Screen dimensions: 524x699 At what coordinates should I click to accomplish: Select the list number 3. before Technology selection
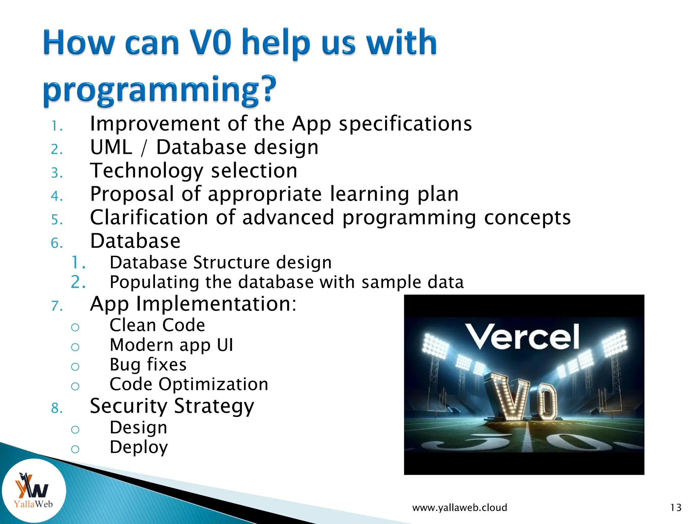[x=57, y=173]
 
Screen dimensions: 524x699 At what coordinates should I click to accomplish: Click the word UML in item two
[x=111, y=147]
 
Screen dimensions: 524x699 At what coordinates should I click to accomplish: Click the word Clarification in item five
[x=149, y=217]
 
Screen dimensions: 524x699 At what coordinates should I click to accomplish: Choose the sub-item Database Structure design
[x=220, y=262]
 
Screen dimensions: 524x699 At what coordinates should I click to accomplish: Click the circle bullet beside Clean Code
[x=75, y=327]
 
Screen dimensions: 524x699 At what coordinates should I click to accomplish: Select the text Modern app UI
[x=171, y=345]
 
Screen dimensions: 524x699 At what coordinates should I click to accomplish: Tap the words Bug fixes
[x=148, y=364]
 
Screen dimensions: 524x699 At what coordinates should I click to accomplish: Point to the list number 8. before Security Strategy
[x=57, y=408]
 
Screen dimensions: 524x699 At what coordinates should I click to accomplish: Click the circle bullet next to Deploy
[x=75, y=449]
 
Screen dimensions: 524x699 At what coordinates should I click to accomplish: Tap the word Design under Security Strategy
[x=138, y=427]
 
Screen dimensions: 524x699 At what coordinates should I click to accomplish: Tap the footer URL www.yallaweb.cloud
[x=459, y=508]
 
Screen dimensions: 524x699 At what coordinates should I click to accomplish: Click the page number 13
[x=675, y=508]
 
